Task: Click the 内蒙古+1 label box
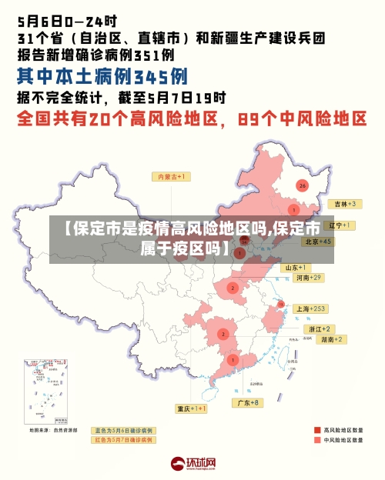coord(174,177)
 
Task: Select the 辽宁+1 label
coord(340,225)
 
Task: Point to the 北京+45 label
coord(318,242)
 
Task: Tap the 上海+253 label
coord(311,308)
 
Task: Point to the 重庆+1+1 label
coord(192,408)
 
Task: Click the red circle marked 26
coord(303,185)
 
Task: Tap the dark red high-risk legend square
coord(317,430)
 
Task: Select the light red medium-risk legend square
coord(317,441)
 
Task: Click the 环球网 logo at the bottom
coord(192,464)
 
